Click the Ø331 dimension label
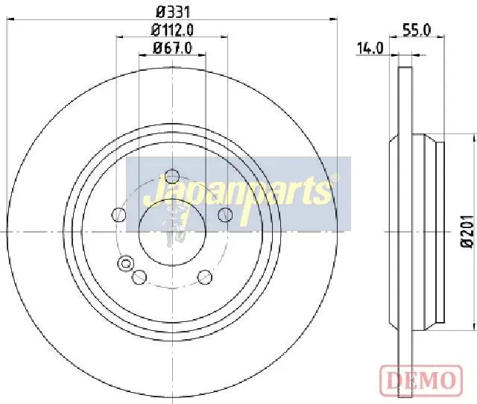(x=173, y=13)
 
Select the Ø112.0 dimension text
(x=172, y=30)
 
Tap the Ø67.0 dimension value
(x=173, y=48)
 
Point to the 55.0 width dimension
(x=417, y=30)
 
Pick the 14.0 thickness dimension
(x=370, y=48)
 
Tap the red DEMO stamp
(x=421, y=379)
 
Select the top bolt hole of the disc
(x=172, y=176)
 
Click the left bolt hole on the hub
(x=119, y=215)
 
